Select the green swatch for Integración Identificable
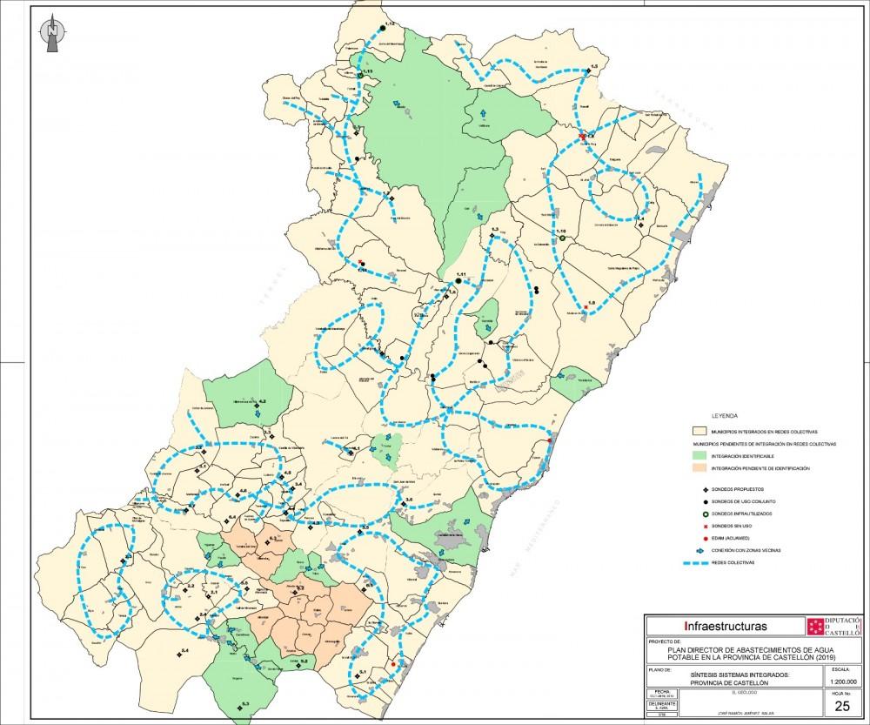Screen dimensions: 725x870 (x=695, y=455)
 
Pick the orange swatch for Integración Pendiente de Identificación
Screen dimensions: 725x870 (x=695, y=468)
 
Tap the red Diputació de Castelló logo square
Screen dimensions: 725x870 (x=815, y=627)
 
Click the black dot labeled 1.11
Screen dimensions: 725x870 (x=458, y=281)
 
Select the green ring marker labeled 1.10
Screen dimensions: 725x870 (x=563, y=238)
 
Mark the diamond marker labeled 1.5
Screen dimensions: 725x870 (x=588, y=73)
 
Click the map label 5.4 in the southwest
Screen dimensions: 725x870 (x=184, y=651)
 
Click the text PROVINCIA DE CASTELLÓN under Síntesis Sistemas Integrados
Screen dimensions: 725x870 (x=724, y=682)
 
